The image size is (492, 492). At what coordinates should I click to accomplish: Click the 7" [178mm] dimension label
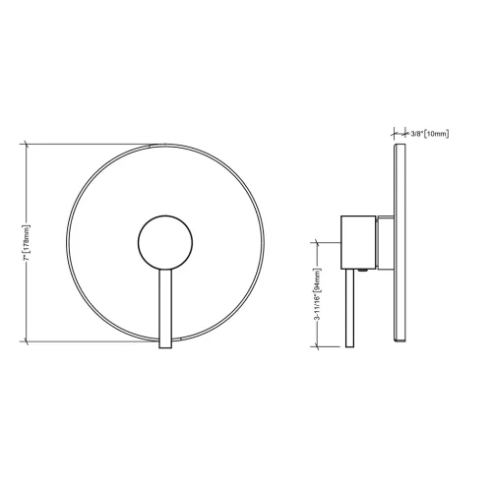28,242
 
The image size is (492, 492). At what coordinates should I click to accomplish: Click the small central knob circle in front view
163,242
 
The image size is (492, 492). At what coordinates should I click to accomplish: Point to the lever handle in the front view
164,305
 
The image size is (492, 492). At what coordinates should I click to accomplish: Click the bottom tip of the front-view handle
164,347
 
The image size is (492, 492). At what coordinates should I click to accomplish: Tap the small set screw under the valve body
364,269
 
